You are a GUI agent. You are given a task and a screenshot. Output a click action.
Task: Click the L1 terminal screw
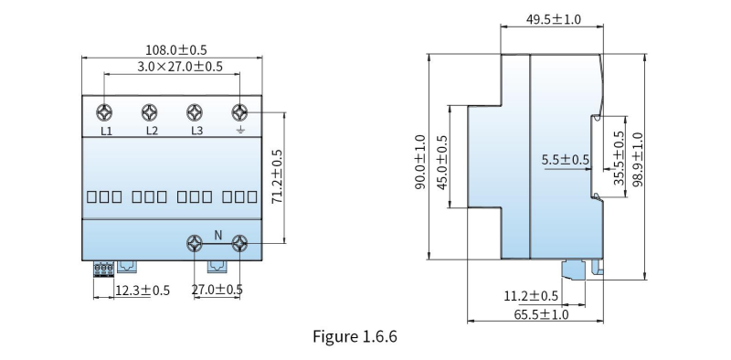[104, 113]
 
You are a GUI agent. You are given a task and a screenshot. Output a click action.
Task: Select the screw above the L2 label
[149, 113]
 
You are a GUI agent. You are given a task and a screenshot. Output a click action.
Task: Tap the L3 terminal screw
[195, 113]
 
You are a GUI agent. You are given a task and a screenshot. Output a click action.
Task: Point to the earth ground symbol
[239, 130]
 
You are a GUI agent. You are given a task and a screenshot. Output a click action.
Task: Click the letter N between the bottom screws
[217, 236]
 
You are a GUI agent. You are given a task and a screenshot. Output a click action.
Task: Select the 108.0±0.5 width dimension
[176, 50]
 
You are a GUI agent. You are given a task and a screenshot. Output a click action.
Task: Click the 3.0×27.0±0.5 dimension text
[180, 67]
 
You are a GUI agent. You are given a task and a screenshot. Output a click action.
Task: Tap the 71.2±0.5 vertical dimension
[277, 175]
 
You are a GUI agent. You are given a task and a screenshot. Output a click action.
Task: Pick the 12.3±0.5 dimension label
[143, 291]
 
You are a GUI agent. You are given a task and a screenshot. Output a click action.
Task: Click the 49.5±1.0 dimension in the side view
[554, 19]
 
